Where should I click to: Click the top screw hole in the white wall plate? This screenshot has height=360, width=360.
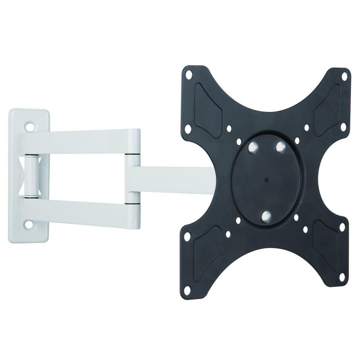coord(30,127)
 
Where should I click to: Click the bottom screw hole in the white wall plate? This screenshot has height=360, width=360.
coord(29,225)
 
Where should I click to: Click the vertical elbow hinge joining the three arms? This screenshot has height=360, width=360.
coord(134,176)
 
